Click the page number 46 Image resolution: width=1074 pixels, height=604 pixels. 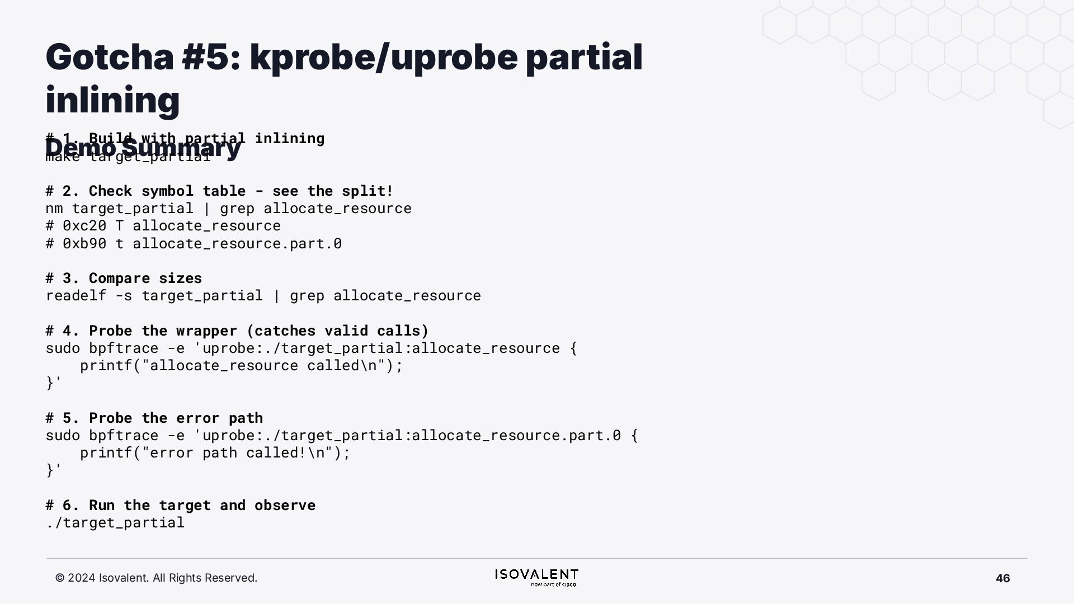coord(1002,578)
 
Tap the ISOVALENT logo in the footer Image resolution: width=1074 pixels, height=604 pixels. coord(536,577)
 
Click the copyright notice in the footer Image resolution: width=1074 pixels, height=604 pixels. coord(156,578)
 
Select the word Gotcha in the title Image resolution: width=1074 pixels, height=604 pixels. coord(110,57)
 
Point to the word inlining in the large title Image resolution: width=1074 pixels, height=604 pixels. coord(112,100)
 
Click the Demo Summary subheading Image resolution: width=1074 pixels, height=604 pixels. coord(143,148)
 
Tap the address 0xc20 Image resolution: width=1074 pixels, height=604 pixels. coord(84,225)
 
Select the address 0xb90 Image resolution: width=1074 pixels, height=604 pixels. coord(84,243)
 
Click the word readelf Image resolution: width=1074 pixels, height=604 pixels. coord(76,295)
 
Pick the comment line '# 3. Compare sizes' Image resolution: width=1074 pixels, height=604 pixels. coord(124,278)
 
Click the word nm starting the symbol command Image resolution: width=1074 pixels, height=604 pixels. coord(54,208)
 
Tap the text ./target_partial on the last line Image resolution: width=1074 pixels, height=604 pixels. coord(115,522)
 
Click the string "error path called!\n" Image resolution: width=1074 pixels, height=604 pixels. coord(237,452)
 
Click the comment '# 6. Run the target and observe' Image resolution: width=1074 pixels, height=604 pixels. coord(180,505)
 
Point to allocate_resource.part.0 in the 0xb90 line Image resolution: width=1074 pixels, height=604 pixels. coord(237,243)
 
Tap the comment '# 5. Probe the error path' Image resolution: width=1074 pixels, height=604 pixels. coord(154,418)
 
